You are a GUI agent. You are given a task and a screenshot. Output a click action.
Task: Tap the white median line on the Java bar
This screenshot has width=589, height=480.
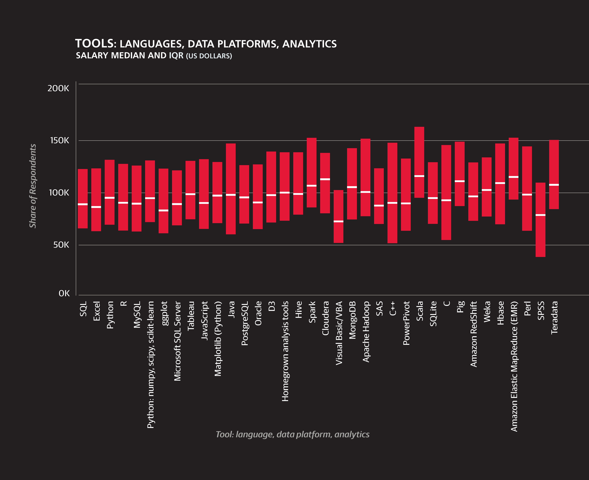coord(231,195)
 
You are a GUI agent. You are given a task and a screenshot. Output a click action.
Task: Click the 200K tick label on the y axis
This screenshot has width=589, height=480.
coord(58,88)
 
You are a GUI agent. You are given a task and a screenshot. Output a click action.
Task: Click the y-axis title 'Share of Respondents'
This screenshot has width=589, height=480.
coord(33,186)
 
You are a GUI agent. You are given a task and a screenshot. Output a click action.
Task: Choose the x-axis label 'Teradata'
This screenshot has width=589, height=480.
coord(554,318)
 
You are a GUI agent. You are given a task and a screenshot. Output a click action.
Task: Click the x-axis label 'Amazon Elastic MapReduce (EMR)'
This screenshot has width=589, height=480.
coord(514,366)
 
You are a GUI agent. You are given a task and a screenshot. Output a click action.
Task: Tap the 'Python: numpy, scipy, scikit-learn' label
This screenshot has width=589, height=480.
coord(151,365)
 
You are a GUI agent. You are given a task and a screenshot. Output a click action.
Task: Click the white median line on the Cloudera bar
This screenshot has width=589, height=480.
coord(325,179)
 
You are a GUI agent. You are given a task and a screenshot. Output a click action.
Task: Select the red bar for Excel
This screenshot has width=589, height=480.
coord(96,200)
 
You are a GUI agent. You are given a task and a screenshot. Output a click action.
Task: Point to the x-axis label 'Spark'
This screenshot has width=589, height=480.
coord(312,312)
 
